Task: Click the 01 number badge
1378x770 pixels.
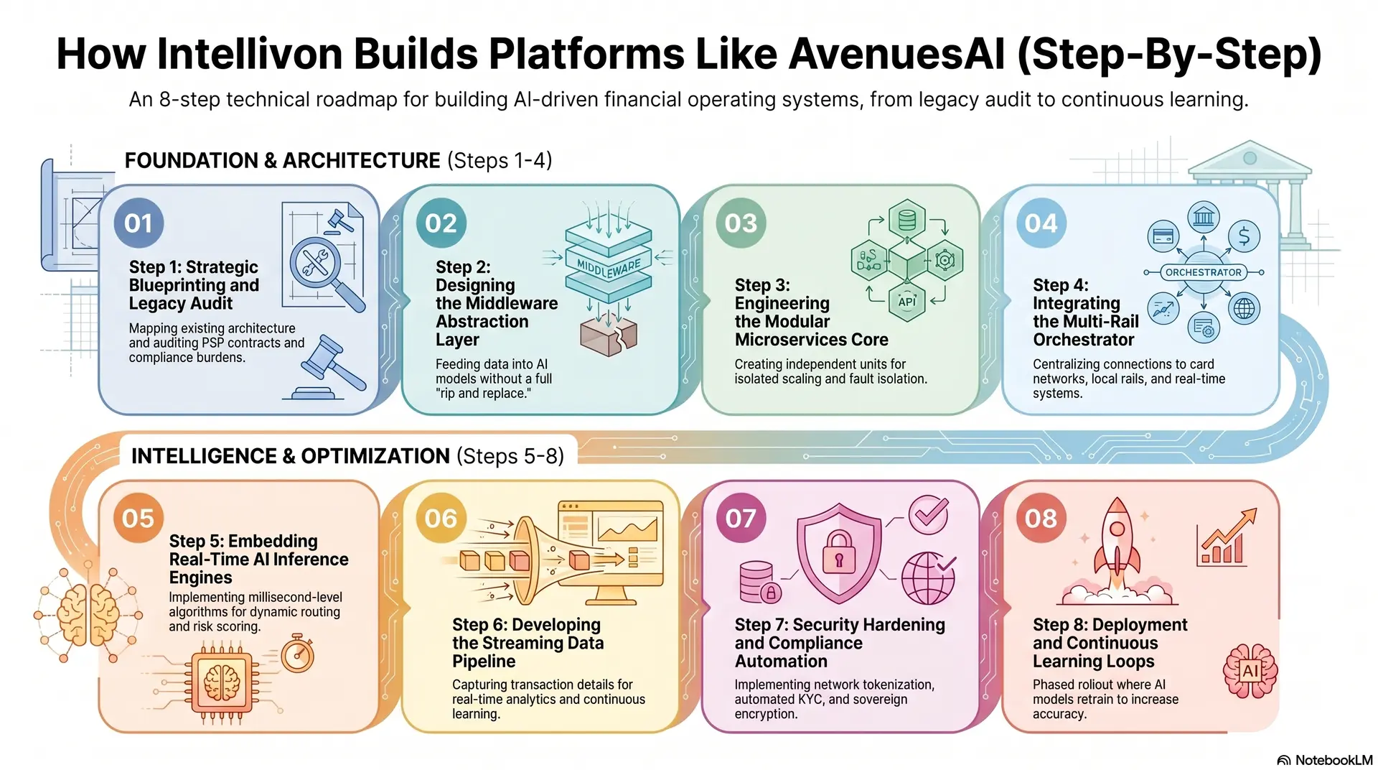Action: coord(139,223)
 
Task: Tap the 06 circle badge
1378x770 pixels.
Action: coord(441,518)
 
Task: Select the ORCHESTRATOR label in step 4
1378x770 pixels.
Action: coord(1203,272)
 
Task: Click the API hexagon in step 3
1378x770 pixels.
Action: coord(906,302)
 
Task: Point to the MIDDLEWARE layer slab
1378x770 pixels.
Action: coord(609,268)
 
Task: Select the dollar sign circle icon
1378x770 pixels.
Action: coord(1244,236)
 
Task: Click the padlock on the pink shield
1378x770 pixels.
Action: coord(838,552)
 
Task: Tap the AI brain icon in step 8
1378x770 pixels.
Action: coord(1250,671)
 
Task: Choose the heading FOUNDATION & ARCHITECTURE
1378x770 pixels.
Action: coord(282,160)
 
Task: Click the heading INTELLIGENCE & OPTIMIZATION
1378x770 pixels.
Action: coord(290,456)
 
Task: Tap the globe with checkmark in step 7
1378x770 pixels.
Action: coord(928,578)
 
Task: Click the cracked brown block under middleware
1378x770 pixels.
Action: coord(608,335)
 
